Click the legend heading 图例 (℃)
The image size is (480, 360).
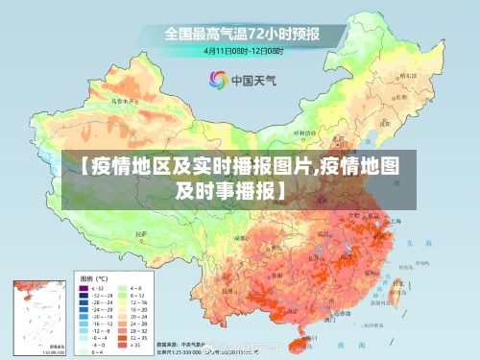click(93, 277)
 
